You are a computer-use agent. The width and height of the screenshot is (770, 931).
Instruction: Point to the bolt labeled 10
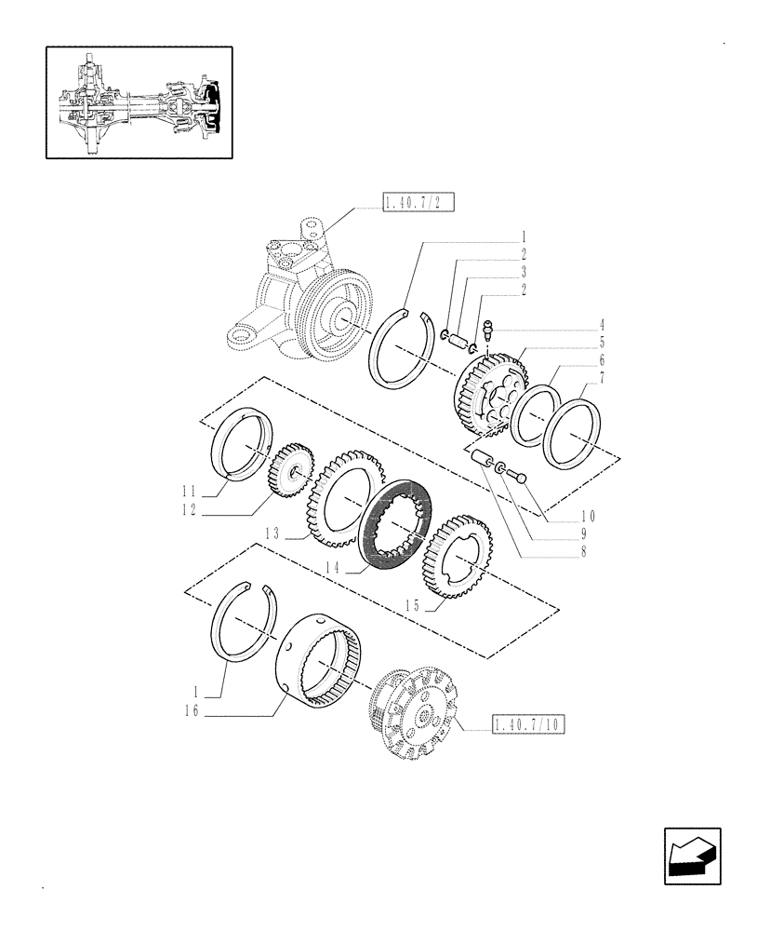pyautogui.click(x=520, y=478)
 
